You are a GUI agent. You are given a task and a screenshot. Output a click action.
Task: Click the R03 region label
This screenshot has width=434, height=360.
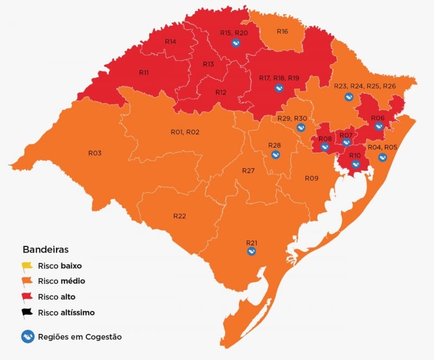click(x=95, y=153)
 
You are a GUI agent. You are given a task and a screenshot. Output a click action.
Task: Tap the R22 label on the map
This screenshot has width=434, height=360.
click(x=180, y=216)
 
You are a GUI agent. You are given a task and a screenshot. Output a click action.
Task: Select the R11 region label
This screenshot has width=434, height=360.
click(x=144, y=72)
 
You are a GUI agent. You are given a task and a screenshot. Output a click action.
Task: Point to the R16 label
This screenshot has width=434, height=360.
click(x=282, y=31)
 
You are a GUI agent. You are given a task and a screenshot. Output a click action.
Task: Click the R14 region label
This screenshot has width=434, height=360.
click(x=170, y=41)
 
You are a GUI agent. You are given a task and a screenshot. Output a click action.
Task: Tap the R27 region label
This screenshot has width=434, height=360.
click(x=248, y=170)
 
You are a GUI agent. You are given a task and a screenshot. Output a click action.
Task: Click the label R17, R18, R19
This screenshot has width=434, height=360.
click(x=279, y=78)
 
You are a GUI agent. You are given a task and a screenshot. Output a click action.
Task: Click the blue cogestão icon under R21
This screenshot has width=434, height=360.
click(x=251, y=251)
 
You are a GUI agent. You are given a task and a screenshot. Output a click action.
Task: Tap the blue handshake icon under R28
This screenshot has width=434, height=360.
click(x=275, y=155)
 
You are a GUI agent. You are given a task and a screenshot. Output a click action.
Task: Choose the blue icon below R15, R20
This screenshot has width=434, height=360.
click(x=235, y=43)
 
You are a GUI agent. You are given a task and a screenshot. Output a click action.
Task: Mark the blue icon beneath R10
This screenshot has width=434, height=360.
click(x=355, y=165)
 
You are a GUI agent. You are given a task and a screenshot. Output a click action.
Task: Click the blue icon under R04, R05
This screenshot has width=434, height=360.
click(x=382, y=157)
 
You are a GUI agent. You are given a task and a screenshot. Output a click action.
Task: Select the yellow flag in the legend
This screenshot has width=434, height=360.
click(x=28, y=266)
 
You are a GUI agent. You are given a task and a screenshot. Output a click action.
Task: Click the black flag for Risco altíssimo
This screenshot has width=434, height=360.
click(x=28, y=313)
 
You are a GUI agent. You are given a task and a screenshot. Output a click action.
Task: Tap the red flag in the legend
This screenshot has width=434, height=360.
click(x=28, y=297)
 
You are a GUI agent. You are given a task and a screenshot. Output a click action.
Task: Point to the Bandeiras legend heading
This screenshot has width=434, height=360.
click(x=46, y=250)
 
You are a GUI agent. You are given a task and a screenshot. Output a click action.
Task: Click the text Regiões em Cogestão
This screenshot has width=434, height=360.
click(x=80, y=337)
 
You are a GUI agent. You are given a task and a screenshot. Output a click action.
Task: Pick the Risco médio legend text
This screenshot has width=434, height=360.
click(x=61, y=281)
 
